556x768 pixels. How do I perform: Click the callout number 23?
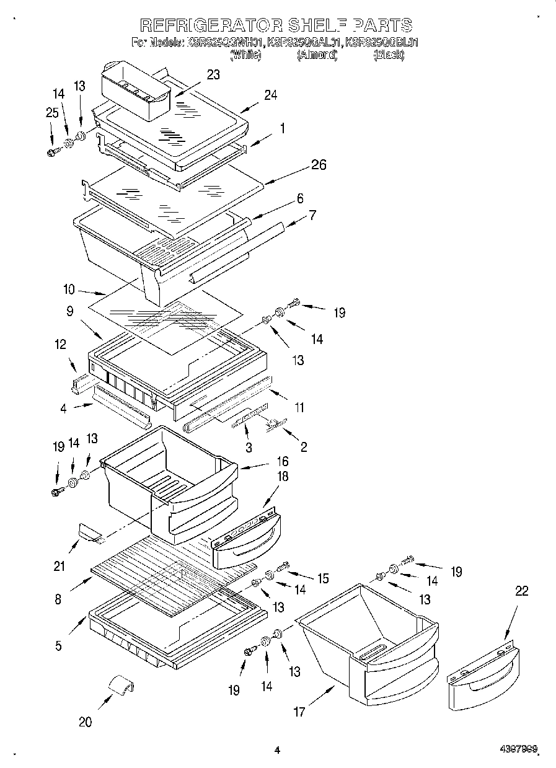pyautogui.click(x=213, y=74)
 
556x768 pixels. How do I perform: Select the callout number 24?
pyautogui.click(x=270, y=95)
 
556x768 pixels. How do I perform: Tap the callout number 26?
pyautogui.click(x=319, y=165)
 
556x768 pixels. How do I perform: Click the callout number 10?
pyautogui.click(x=69, y=289)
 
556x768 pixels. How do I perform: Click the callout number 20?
pyautogui.click(x=85, y=722)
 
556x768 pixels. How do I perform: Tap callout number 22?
pyautogui.click(x=522, y=591)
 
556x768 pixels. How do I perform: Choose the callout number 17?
pyautogui.click(x=299, y=712)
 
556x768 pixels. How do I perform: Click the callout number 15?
pyautogui.click(x=323, y=578)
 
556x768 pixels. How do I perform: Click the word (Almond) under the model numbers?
pyautogui.click(x=316, y=55)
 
